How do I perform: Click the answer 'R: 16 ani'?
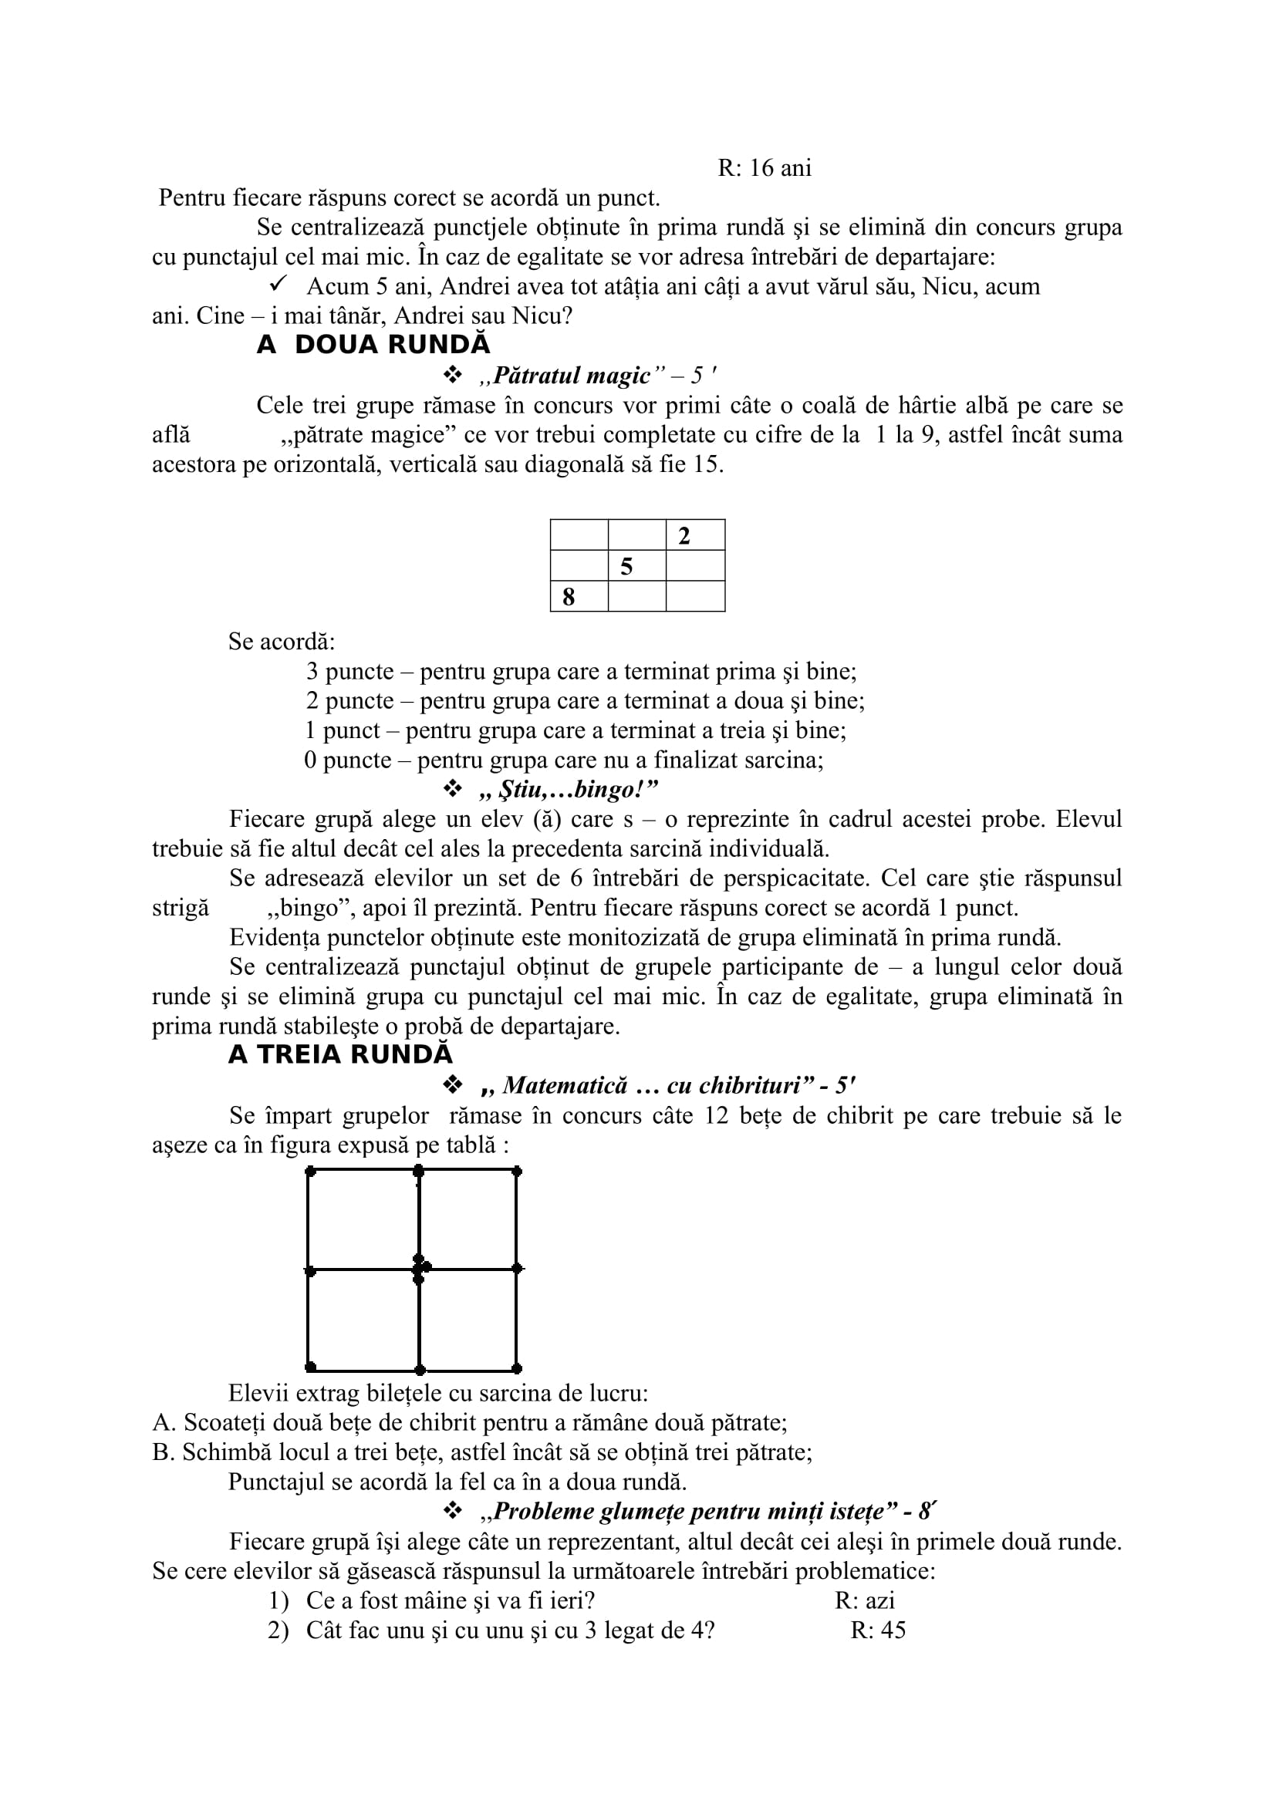(764, 168)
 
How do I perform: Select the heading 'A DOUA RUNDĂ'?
(373, 345)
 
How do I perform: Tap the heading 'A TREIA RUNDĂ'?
(340, 1054)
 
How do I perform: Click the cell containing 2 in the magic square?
(694, 535)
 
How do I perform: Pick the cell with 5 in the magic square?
(636, 565)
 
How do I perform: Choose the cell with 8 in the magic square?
(579, 596)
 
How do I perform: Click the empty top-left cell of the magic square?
(579, 535)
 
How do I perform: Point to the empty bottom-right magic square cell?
(694, 596)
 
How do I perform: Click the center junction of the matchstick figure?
(419, 1269)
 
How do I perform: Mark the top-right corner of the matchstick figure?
(516, 1172)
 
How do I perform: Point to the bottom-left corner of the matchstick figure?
(310, 1367)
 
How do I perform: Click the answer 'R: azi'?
(864, 1600)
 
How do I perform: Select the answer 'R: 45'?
(878, 1630)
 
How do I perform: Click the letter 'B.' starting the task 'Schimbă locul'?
(164, 1452)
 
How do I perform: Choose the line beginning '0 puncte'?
(563, 760)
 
